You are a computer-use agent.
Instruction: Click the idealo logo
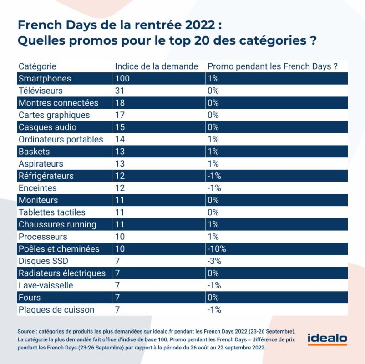tap(327, 339)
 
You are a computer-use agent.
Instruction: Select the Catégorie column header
tap(37, 66)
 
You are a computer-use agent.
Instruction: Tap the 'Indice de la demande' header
tap(157, 66)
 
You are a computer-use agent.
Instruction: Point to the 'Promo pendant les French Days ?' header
tap(272, 66)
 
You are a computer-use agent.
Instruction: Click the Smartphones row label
tap(45, 79)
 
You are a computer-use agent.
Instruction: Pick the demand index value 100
tap(122, 78)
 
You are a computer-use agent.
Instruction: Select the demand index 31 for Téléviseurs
tap(120, 91)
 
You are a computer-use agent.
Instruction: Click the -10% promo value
tap(217, 249)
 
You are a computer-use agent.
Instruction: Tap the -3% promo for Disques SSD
tap(214, 261)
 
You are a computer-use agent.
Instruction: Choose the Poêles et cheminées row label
tap(59, 249)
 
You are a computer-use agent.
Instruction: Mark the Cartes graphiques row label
tap(54, 115)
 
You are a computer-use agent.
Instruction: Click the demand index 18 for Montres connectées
tap(120, 103)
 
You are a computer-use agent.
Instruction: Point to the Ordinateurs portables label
tap(61, 139)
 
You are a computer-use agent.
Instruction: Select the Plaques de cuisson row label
tap(56, 310)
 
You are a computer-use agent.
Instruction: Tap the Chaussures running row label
tap(57, 225)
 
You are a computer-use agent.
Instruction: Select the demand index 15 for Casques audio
tap(120, 127)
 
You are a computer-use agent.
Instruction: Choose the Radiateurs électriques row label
tap(62, 273)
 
